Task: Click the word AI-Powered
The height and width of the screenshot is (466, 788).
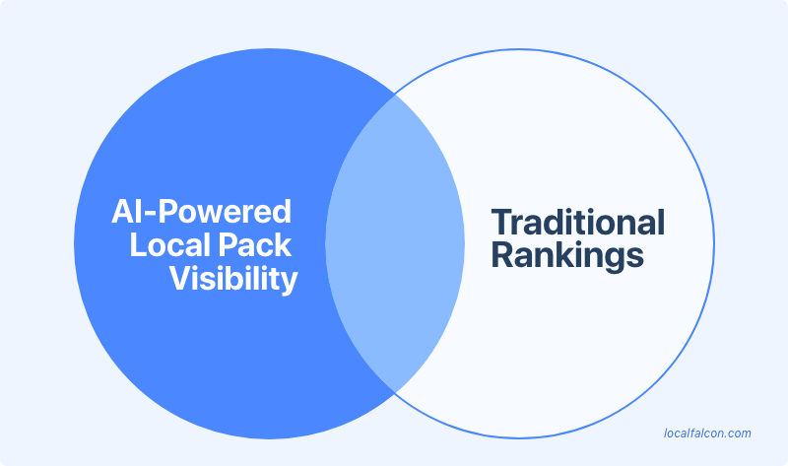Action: pos(201,212)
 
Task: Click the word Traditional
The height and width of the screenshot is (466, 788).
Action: pos(577,222)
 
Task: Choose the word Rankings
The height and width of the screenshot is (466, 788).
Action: pos(566,256)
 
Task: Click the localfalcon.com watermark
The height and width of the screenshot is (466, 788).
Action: pos(708,433)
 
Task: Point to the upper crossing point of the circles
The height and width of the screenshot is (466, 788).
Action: pos(394,95)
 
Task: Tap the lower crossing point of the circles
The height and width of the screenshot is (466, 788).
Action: pos(394,389)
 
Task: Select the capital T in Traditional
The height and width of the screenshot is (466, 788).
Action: pos(501,222)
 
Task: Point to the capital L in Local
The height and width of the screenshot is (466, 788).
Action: pos(138,245)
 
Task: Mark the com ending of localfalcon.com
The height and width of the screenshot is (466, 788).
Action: pos(739,433)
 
